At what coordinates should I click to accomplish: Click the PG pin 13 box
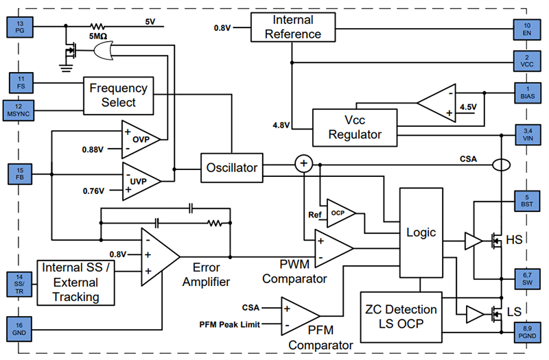click(x=19, y=27)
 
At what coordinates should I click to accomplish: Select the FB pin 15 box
click(x=19, y=173)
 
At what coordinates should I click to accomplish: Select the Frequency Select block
click(x=118, y=95)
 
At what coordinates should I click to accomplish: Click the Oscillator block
click(x=231, y=168)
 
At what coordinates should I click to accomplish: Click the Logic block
click(x=421, y=232)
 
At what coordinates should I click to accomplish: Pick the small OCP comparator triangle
click(x=340, y=213)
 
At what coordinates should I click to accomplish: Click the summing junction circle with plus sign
click(x=303, y=164)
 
